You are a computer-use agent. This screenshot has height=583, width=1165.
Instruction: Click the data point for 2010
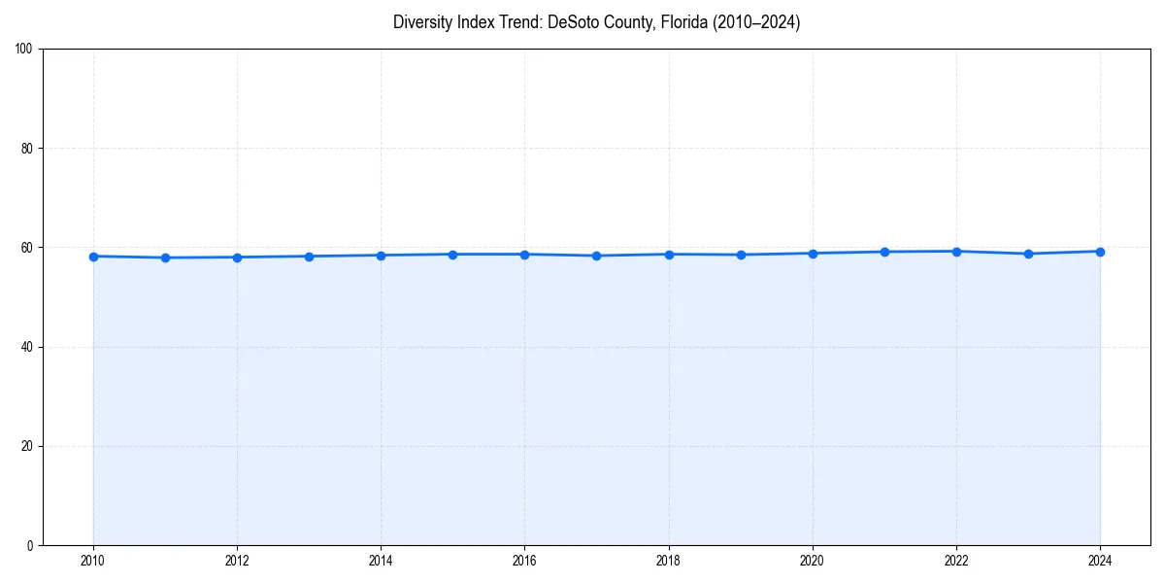(x=93, y=257)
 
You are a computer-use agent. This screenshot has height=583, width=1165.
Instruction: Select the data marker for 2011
(x=165, y=257)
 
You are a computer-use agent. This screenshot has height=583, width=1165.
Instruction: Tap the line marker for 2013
(x=309, y=257)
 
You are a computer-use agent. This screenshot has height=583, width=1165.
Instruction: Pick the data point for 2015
(x=452, y=255)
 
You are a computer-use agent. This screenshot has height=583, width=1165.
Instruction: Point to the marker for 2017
(x=596, y=256)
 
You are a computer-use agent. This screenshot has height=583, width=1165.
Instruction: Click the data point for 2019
(x=741, y=255)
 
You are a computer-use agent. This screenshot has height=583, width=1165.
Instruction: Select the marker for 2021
(x=884, y=252)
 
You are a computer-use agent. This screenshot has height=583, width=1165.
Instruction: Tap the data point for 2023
(x=1028, y=254)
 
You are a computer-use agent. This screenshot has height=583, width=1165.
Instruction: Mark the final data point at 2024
(x=1100, y=252)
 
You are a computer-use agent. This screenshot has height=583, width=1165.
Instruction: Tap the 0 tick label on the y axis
(x=31, y=545)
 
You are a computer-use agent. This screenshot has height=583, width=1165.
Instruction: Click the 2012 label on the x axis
(x=237, y=561)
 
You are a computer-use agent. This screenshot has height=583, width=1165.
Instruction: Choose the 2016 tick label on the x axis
(x=524, y=561)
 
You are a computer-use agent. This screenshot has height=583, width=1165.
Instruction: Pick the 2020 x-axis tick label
(x=813, y=561)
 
